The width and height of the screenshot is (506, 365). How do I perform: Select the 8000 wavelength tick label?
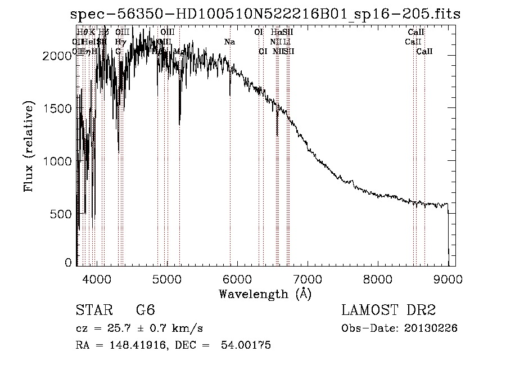tap(378, 278)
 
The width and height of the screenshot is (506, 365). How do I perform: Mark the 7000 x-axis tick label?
tap(308, 278)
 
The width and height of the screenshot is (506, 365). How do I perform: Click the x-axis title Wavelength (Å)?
tap(265, 294)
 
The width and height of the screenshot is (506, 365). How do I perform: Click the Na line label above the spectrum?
tap(229, 42)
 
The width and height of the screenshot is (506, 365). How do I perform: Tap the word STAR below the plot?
tap(92, 310)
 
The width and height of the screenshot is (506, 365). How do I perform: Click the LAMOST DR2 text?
tap(388, 310)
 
